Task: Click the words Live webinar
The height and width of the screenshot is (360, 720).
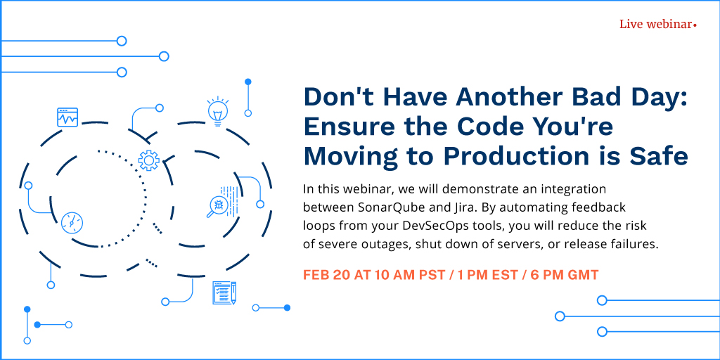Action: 655,25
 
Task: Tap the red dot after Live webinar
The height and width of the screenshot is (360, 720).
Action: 695,26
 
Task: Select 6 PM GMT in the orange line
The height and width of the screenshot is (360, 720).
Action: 565,275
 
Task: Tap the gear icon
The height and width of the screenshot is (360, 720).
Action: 149,161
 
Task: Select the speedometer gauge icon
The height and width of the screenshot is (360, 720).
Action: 72,223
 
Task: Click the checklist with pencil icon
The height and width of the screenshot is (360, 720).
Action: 224,292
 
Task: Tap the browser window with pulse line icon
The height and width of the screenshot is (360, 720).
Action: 67,117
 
